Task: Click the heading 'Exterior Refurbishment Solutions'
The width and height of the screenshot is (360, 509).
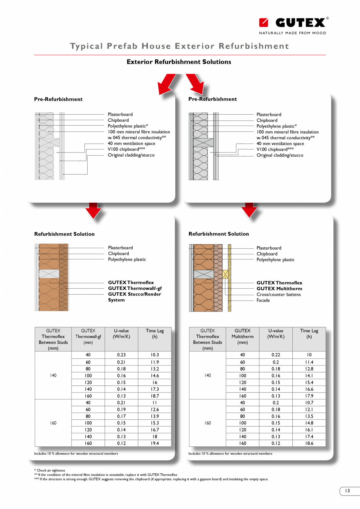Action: pyautogui.click(x=179, y=62)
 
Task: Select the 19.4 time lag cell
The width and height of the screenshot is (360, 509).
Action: pyautogui.click(x=155, y=443)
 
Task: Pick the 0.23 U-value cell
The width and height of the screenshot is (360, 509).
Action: pyautogui.click(x=121, y=355)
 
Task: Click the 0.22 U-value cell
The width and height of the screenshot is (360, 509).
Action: pyautogui.click(x=275, y=355)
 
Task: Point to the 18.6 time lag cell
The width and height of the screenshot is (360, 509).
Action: pyautogui.click(x=309, y=443)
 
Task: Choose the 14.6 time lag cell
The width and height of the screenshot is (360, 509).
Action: pyautogui.click(x=155, y=375)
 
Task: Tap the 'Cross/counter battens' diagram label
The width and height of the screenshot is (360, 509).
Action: pyautogui.click(x=279, y=295)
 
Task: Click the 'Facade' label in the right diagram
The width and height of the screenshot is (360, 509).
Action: pyautogui.click(x=263, y=300)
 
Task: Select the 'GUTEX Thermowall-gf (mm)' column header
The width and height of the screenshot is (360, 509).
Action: pyautogui.click(x=88, y=336)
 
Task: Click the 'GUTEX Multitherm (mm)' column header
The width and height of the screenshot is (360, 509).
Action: pyautogui.click(x=242, y=336)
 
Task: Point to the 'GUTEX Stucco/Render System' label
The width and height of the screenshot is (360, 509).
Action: pyautogui.click(x=134, y=297)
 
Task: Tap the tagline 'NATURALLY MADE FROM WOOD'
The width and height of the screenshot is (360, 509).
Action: pyautogui.click(x=292, y=33)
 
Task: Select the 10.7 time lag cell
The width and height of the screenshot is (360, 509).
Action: pyautogui.click(x=309, y=403)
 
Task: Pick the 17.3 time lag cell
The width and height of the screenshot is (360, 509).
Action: pyautogui.click(x=155, y=389)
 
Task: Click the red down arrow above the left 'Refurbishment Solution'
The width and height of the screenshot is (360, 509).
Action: pyautogui.click(x=93, y=210)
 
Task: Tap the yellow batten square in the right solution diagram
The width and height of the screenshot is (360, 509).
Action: pyautogui.click(x=225, y=274)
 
